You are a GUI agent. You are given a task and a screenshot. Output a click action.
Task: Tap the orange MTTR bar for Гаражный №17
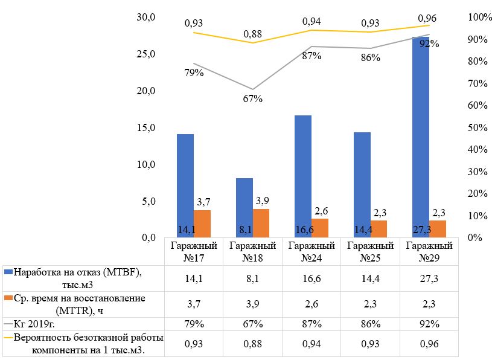point(202,223)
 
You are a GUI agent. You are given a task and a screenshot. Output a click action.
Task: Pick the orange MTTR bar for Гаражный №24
point(319,228)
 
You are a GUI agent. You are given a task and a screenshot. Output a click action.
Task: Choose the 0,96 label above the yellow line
point(427,18)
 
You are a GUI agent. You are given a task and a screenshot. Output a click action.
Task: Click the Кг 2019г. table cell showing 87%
point(311,324)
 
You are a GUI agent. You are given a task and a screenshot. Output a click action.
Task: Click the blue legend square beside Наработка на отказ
point(8,272)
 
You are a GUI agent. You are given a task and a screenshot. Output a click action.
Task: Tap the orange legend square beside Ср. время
point(8,298)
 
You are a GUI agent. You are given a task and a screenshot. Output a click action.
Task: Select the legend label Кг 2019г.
point(36,324)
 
